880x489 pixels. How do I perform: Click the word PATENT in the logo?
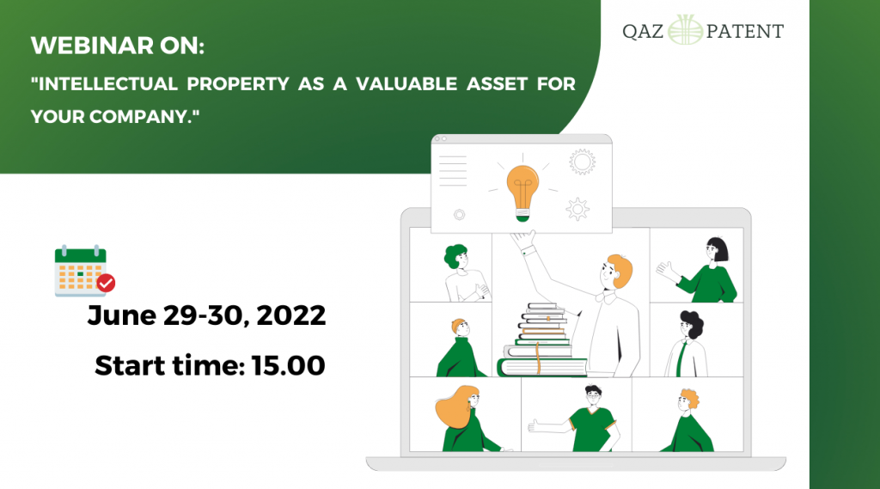pos(745,32)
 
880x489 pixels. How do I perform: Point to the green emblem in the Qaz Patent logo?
pos(685,30)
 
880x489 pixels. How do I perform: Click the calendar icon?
pos(81,271)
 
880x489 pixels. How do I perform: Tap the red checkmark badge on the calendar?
pos(106,283)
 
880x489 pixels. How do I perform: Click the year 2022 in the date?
pos(291,315)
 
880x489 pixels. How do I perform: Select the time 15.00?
pos(289,365)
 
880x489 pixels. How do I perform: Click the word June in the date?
pos(122,315)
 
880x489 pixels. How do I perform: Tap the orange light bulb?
pos(522,192)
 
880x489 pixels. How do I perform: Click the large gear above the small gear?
pos(582,162)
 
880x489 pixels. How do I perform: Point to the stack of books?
pos(540,340)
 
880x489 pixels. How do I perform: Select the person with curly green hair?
pos(463,273)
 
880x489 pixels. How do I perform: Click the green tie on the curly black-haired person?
pos(681,358)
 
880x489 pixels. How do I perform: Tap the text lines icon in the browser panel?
pos(453,171)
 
